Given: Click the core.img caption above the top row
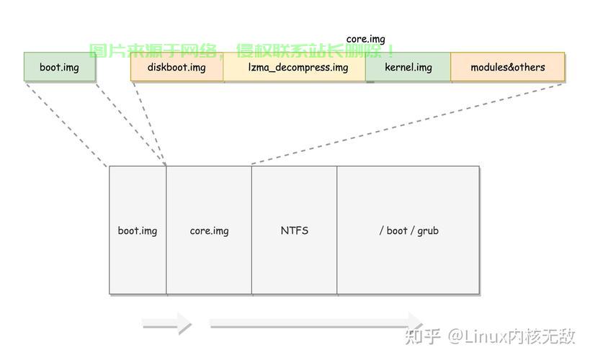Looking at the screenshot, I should pyautogui.click(x=365, y=39).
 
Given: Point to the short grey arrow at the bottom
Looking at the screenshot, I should pyautogui.click(x=167, y=325).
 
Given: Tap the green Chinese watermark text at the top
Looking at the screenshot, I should pyautogui.click(x=241, y=51).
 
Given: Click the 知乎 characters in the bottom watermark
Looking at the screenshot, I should pyautogui.click(x=423, y=336).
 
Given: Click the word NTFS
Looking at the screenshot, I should pyautogui.click(x=294, y=230).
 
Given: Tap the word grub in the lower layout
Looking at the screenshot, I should pyautogui.click(x=426, y=230).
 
